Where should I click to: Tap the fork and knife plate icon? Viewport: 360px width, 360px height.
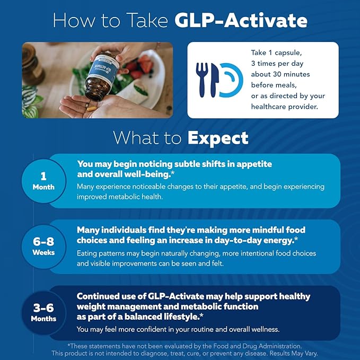coord(221,80)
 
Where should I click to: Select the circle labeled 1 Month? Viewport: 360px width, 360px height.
coord(43,181)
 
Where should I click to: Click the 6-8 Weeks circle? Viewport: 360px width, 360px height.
coord(43,247)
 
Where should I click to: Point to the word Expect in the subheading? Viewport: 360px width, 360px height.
coord(217,138)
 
